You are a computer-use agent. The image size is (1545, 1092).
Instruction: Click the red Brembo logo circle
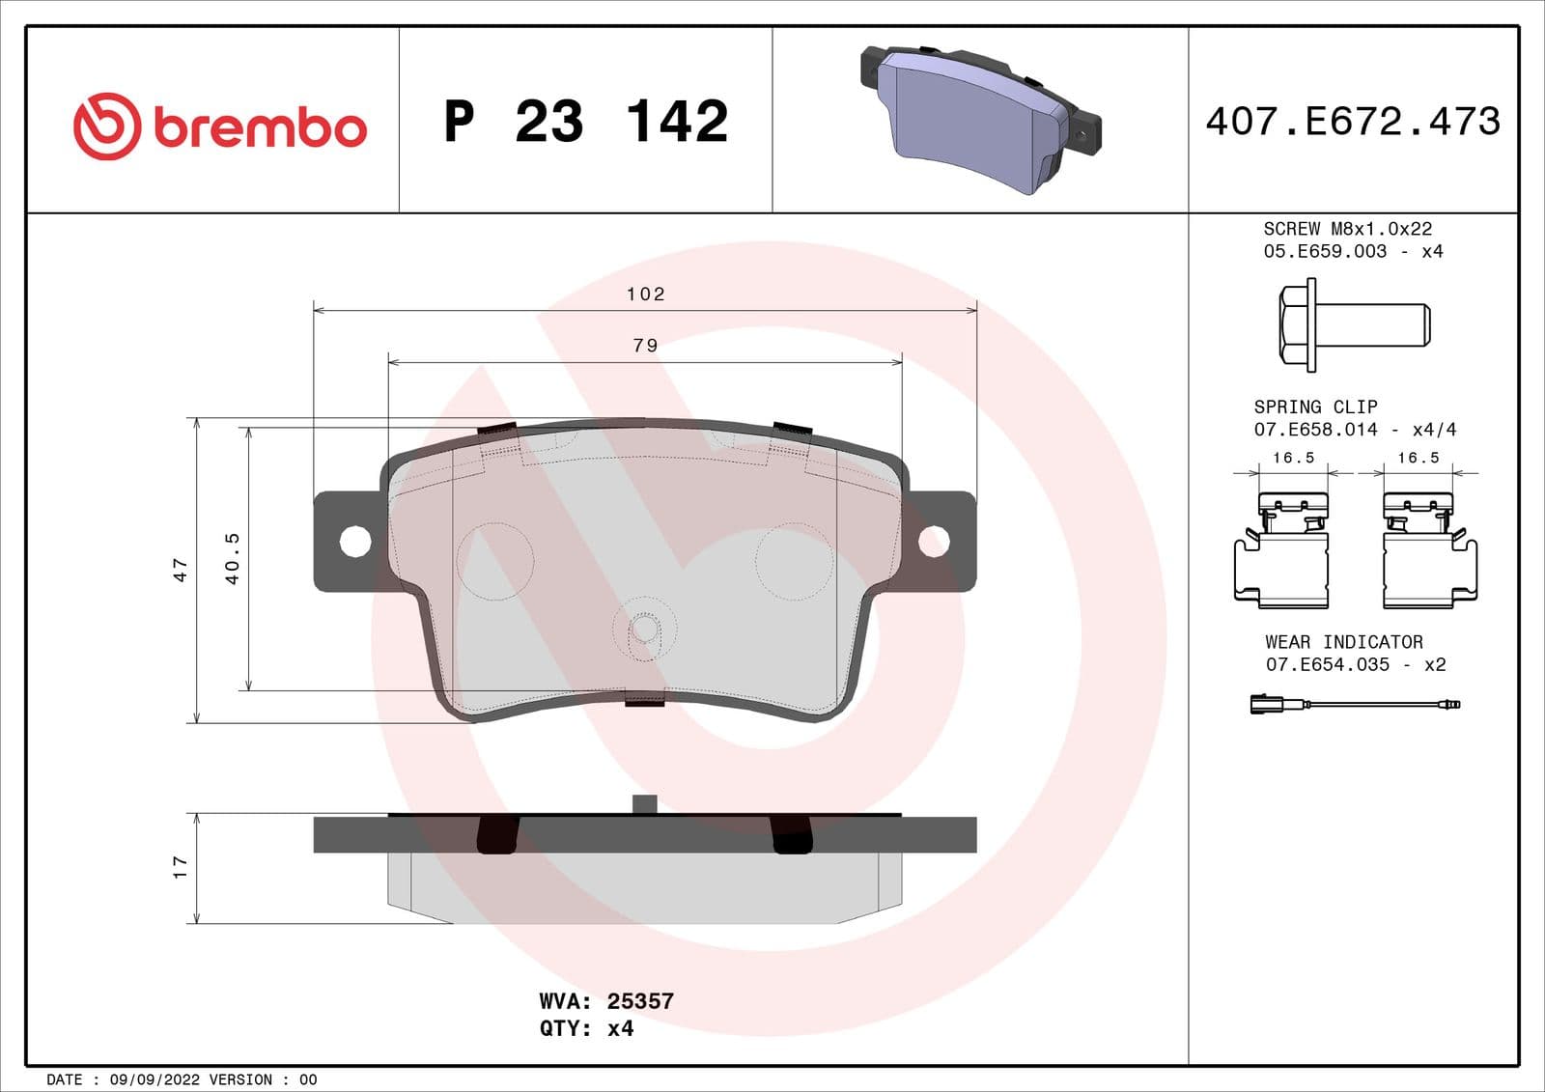107,126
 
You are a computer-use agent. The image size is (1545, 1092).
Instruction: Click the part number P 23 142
585,122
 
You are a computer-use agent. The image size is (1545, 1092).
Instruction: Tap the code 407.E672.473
1353,122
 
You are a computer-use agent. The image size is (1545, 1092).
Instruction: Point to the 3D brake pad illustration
979,118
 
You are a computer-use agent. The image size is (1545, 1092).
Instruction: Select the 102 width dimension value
645,294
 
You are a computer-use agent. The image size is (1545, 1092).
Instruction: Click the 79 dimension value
645,345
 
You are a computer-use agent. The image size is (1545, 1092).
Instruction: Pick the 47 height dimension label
180,570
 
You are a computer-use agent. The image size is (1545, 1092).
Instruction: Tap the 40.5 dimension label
232,558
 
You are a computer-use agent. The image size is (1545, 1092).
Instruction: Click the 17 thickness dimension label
180,867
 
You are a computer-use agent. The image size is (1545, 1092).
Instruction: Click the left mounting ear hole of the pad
355,541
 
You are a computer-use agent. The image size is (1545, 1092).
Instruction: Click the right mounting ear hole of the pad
934,541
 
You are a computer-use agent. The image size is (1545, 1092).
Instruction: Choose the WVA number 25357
639,1001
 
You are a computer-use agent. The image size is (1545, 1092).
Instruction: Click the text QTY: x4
586,1028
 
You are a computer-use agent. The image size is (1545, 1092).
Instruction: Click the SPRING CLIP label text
1315,406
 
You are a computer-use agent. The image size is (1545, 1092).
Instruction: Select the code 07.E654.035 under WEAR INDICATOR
1327,664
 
